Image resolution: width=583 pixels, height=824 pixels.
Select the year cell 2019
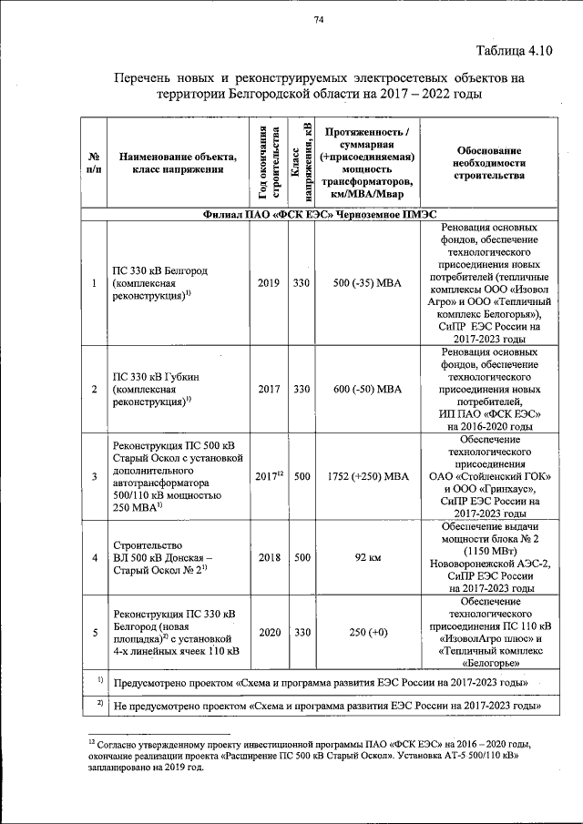click(x=268, y=283)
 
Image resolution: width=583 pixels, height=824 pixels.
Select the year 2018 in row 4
click(x=268, y=556)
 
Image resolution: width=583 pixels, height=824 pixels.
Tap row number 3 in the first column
click(x=95, y=475)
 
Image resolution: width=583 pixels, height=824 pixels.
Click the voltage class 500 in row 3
click(x=302, y=475)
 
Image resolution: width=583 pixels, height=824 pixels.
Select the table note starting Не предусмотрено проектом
click(x=322, y=706)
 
